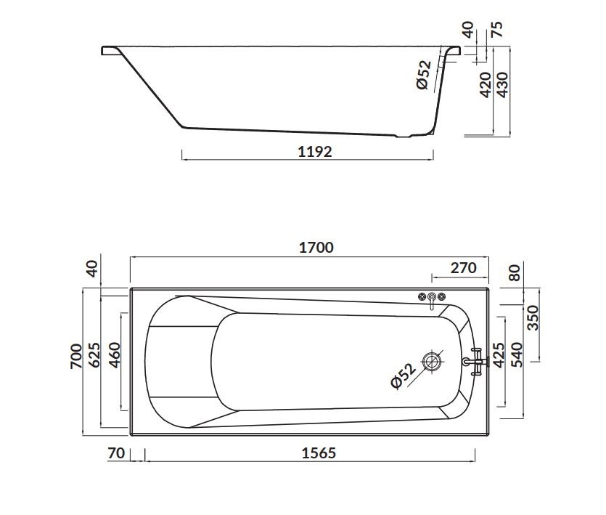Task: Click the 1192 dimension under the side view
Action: tap(314, 152)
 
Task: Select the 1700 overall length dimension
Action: tap(316, 248)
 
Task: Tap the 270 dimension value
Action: tap(463, 268)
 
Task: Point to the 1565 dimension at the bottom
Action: tap(319, 453)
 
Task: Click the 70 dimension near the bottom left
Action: tap(116, 453)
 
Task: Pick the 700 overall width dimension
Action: tap(76, 356)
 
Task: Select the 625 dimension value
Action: tap(94, 354)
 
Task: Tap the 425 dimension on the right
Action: tap(499, 355)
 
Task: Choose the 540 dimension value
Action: tap(516, 354)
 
